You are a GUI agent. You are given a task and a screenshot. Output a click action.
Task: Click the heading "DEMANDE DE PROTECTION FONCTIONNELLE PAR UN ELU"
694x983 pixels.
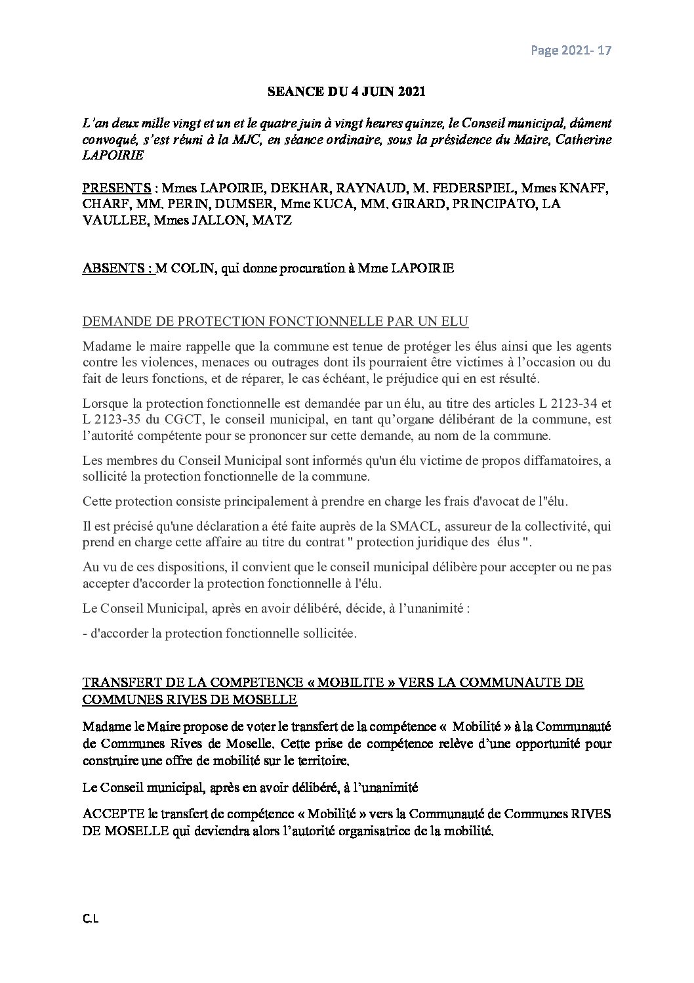tap(276, 322)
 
